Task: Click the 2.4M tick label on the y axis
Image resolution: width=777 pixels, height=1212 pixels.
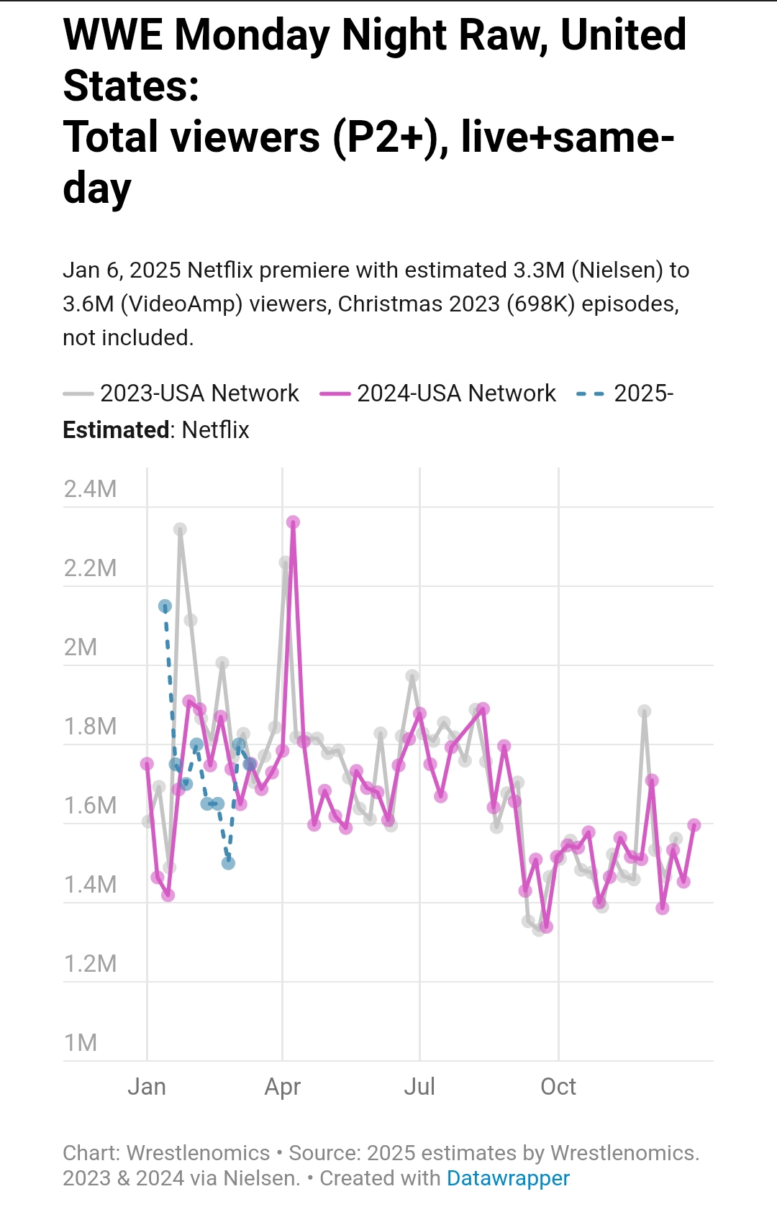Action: (x=90, y=489)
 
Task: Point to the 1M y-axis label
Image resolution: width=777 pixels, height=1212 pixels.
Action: (x=80, y=1043)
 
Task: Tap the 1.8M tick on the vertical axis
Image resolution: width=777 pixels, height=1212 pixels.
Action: (x=90, y=726)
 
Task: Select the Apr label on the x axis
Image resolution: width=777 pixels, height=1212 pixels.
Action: (x=282, y=1086)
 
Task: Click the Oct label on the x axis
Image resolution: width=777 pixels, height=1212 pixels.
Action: (x=558, y=1086)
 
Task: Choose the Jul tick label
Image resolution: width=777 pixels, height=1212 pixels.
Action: (x=419, y=1086)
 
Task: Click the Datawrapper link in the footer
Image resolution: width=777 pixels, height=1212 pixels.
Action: (x=508, y=1178)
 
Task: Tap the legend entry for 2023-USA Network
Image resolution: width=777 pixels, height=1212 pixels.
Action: (x=199, y=393)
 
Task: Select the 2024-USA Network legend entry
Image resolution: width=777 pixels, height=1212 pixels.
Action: (x=455, y=393)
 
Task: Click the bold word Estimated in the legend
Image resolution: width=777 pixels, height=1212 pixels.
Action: (x=116, y=430)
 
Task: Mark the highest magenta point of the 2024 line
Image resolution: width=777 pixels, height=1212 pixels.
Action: (x=293, y=522)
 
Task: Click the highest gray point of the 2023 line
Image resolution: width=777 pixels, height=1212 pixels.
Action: (x=180, y=529)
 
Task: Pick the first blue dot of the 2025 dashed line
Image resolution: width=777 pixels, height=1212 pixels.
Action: (x=165, y=606)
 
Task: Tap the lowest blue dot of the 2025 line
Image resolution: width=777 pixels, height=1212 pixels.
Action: (x=228, y=863)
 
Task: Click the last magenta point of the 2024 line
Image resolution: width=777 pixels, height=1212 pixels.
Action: (x=694, y=825)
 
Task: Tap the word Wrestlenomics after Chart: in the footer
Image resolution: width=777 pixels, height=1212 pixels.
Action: (x=198, y=1153)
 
